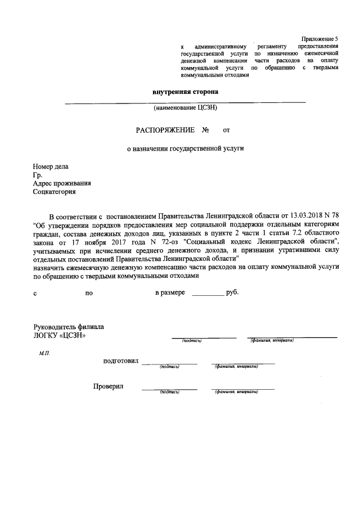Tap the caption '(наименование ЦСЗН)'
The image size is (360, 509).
click(x=185, y=107)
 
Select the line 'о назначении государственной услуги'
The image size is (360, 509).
click(x=185, y=150)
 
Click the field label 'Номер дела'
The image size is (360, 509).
click(x=51, y=167)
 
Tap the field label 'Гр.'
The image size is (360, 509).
click(x=38, y=175)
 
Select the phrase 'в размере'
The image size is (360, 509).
click(x=170, y=293)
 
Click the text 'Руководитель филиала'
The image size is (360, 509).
click(x=69, y=327)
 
